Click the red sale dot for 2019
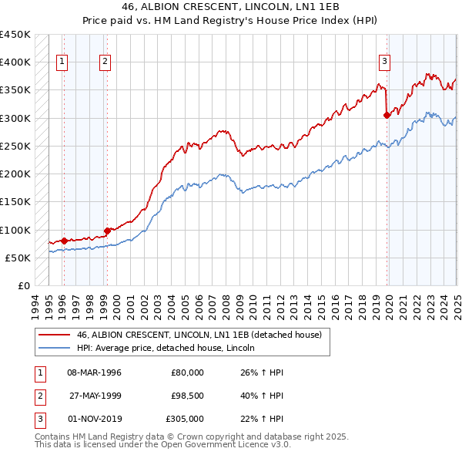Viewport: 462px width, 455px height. (x=387, y=116)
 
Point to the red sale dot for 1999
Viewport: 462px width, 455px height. (x=107, y=230)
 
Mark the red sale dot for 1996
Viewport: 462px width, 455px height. (x=64, y=241)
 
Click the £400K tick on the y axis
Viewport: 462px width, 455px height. (x=15, y=62)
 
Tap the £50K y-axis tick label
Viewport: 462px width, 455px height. (x=18, y=258)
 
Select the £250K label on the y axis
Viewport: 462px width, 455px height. (x=15, y=146)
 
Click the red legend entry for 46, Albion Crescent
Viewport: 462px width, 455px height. (x=203, y=335)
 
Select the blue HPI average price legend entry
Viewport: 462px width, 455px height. (x=166, y=349)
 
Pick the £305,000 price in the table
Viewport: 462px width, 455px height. (x=185, y=419)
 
